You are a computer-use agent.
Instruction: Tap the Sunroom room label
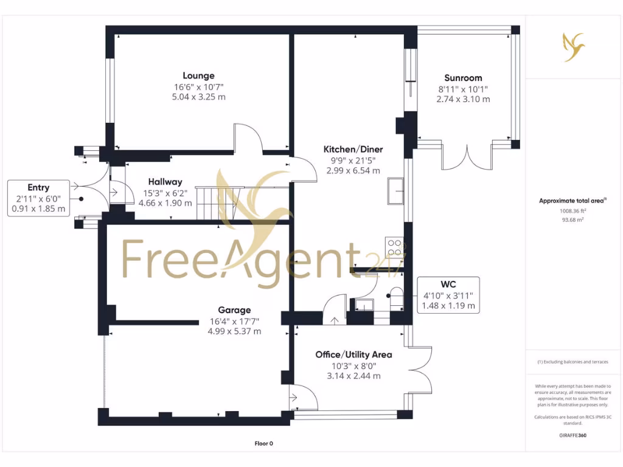pos(463,78)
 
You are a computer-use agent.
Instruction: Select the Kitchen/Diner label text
pos(353,150)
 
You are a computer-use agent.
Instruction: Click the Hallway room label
pos(165,182)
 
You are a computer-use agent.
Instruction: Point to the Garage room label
pos(234,310)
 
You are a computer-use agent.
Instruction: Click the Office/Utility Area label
pos(353,355)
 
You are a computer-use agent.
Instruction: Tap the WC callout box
pos(448,295)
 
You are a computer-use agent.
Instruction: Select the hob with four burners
pos(394,247)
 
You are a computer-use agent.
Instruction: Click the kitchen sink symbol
pos(395,192)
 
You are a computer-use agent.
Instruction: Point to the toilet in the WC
pos(395,299)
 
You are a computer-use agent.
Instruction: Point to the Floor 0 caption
pos(264,443)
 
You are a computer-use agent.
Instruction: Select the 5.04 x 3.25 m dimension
pos(199,97)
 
